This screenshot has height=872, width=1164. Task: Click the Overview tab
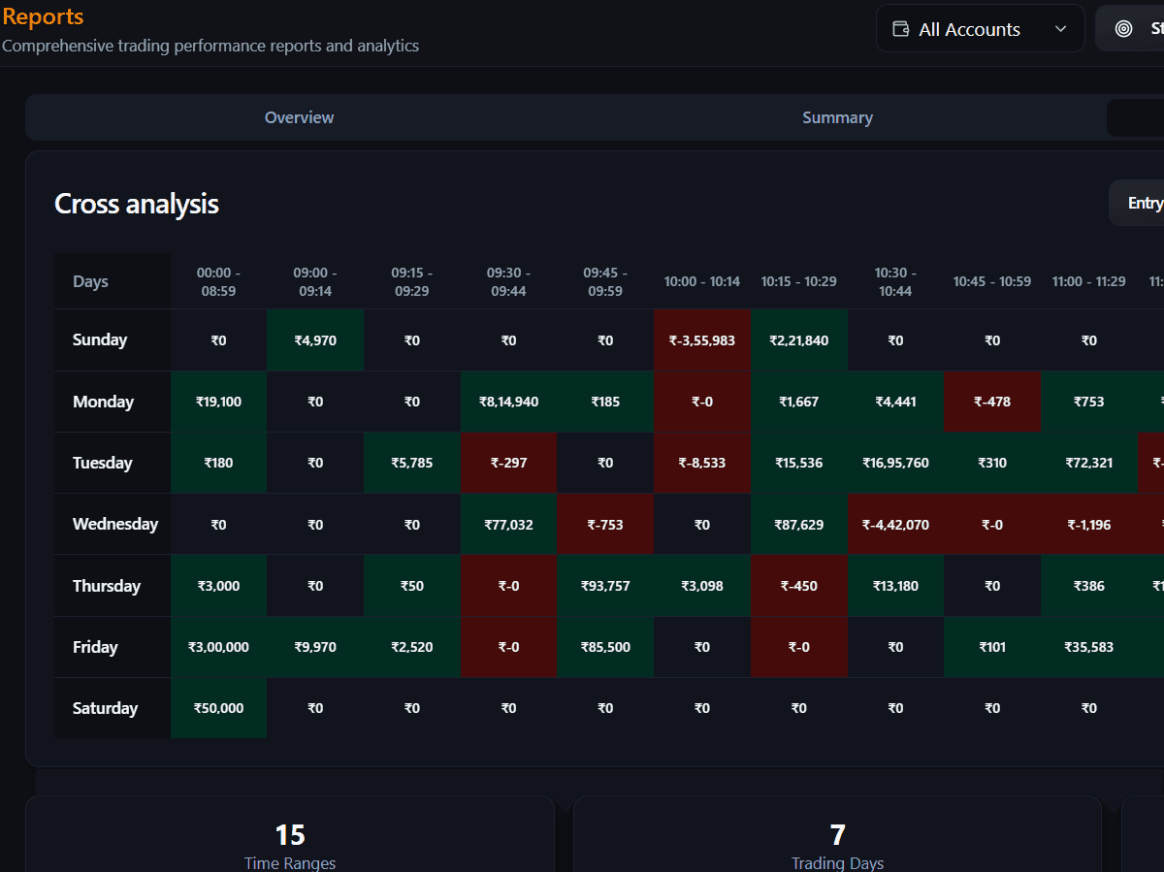[x=299, y=117]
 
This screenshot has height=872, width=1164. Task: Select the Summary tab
[x=837, y=117]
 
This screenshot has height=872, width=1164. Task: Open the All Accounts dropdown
[x=980, y=29]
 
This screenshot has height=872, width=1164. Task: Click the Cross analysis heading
[x=137, y=204]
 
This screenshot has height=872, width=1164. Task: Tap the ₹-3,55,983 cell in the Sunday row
[x=702, y=340]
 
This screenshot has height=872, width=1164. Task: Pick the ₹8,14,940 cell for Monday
[x=508, y=402]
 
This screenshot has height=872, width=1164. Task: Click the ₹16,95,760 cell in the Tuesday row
[x=895, y=463]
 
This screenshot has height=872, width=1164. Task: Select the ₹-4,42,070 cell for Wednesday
[x=895, y=525]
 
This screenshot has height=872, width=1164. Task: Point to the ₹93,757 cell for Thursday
[x=605, y=586]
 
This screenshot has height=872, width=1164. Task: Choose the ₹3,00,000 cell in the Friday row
[x=218, y=647]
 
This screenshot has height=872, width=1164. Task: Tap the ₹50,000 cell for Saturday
[x=218, y=708]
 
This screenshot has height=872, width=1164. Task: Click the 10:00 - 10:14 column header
[x=702, y=281]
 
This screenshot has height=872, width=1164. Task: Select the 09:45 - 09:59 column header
[x=605, y=281]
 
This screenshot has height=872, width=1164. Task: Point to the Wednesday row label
[x=114, y=524]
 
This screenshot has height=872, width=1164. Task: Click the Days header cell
[x=90, y=281]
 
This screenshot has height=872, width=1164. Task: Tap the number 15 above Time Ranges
[x=290, y=834]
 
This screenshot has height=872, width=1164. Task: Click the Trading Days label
[x=837, y=862]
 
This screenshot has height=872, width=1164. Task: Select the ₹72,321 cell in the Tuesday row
[x=1089, y=463]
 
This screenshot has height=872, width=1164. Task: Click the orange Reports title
[x=43, y=16]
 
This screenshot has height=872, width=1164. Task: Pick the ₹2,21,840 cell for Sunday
[x=798, y=340]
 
